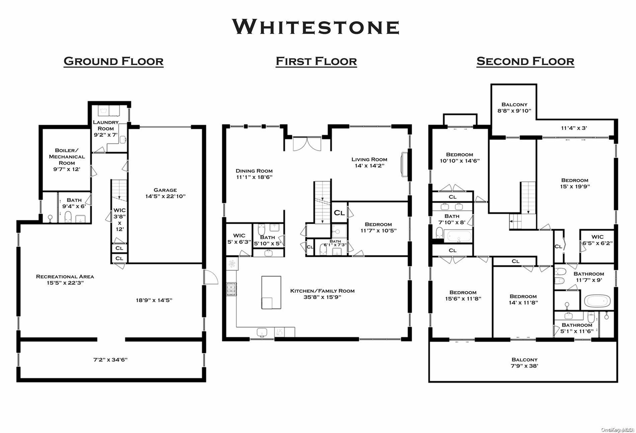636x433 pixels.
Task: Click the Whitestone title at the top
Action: point(316,27)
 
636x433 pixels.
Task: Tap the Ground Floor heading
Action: point(114,61)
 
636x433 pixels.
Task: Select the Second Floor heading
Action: point(525,61)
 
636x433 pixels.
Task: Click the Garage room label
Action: point(165,193)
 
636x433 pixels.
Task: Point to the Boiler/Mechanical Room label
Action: point(67,159)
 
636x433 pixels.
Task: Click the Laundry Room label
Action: point(106,128)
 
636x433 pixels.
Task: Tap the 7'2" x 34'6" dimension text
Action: point(110,359)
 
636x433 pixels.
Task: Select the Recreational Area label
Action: point(65,280)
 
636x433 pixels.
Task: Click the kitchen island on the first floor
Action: point(271,292)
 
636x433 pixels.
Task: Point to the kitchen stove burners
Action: point(231,289)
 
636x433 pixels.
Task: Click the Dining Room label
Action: point(254,174)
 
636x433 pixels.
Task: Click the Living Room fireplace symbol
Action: point(404,165)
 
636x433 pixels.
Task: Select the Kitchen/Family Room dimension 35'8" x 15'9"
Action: point(322,297)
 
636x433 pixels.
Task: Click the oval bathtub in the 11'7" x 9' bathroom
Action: point(597,301)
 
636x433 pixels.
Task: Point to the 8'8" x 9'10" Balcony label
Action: point(514,108)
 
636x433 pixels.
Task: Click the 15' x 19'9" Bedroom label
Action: point(575,183)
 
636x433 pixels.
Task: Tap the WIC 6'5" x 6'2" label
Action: point(597,240)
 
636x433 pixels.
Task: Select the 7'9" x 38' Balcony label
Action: point(525,363)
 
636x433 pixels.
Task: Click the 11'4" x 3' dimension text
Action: point(574,128)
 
